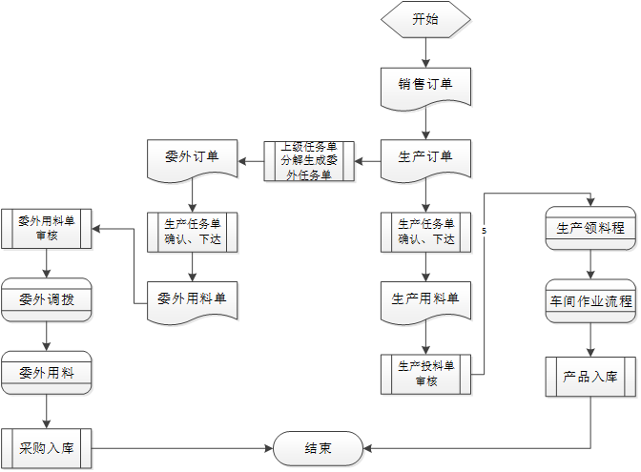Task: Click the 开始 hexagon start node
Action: (425, 20)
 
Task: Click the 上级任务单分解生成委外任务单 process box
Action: (308, 160)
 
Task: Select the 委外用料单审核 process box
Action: (46, 229)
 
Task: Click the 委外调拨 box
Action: (46, 299)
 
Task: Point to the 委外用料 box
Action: (46, 372)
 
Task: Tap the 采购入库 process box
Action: (46, 446)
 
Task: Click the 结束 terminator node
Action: (319, 448)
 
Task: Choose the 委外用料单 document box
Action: (193, 299)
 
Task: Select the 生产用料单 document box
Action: (425, 299)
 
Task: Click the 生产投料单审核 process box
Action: (425, 373)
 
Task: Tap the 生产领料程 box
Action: (590, 229)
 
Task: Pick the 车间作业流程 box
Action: (590, 301)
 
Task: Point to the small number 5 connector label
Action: (485, 232)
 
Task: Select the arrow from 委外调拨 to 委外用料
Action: (46, 335)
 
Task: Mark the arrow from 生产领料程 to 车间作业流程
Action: (590, 264)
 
